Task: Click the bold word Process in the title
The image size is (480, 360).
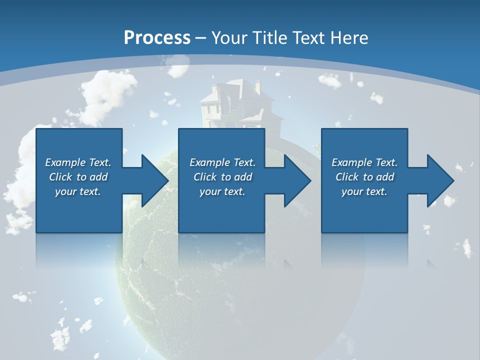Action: click(x=157, y=38)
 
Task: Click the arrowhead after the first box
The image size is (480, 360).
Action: click(x=150, y=180)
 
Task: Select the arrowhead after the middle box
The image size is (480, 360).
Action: click(x=293, y=180)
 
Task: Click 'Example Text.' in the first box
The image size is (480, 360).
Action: click(x=78, y=162)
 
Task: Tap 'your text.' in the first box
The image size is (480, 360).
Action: click(x=78, y=191)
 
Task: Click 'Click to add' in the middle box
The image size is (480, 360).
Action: click(x=222, y=177)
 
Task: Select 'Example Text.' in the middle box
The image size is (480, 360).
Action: click(x=222, y=162)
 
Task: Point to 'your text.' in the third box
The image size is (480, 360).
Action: click(x=364, y=191)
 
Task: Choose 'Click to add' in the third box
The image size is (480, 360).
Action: click(x=364, y=177)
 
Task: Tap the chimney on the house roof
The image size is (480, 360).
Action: click(x=257, y=87)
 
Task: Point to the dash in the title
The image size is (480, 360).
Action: click(x=201, y=38)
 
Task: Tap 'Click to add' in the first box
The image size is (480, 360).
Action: click(x=78, y=177)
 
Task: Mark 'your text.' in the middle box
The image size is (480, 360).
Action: click(x=222, y=191)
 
